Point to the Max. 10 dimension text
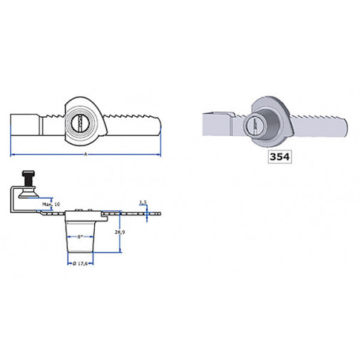51,205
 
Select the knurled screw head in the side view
29,175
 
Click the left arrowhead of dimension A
13,155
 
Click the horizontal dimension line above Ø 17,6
84,257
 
